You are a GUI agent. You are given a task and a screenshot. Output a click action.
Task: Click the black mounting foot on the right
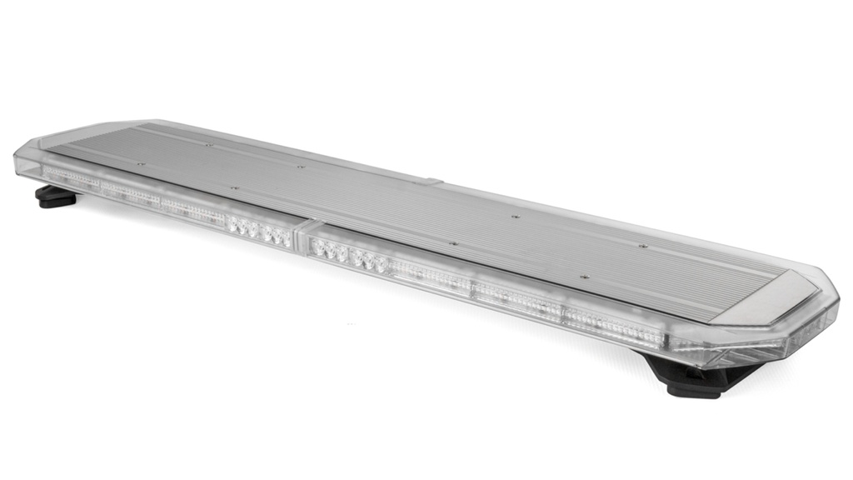pyautogui.click(x=700, y=379)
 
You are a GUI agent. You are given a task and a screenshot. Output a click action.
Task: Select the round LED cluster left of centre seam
pyautogui.click(x=260, y=231)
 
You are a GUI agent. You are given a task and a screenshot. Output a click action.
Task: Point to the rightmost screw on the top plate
pyautogui.click(x=642, y=246)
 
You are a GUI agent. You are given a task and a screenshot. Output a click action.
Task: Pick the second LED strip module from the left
pyautogui.click(x=129, y=194)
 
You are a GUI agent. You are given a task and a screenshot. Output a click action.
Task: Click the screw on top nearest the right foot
pyautogui.click(x=584, y=277)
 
